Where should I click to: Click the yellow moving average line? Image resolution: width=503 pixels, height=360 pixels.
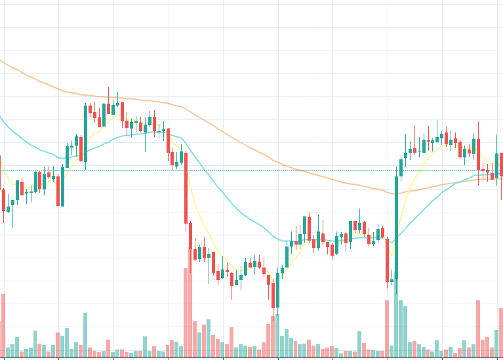pyautogui.click(x=203, y=223)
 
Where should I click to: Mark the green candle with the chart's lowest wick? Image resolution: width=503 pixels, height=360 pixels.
pyautogui.click(x=277, y=289)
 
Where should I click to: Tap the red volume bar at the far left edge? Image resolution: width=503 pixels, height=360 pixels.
pyautogui.click(x=3, y=325)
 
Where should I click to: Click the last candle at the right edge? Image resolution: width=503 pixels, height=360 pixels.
pyautogui.click(x=502, y=165)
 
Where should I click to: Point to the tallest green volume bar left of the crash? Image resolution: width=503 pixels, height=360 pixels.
pyautogui.click(x=85, y=334)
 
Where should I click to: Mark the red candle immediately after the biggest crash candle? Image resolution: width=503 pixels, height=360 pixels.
pyautogui.click(x=191, y=236)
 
